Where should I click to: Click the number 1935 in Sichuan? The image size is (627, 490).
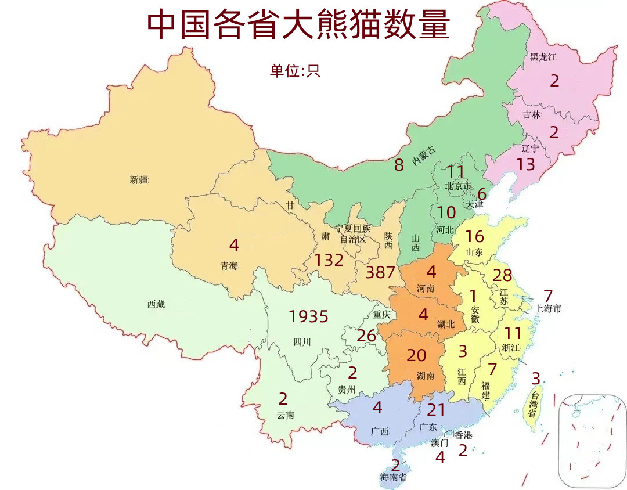pos(308,316)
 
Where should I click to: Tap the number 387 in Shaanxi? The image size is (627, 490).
pos(380,272)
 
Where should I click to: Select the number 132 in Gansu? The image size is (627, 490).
pos(329,260)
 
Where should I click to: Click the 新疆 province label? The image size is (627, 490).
pos(139,180)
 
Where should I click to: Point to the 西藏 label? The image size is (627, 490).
pos(156,304)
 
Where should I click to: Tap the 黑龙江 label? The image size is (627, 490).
pos(543,57)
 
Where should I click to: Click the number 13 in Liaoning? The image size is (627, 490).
pos(525,164)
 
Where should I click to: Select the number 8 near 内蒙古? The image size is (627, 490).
pos(399,165)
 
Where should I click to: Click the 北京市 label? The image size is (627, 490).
pos(459,186)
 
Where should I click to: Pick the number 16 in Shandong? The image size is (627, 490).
pos(474,236)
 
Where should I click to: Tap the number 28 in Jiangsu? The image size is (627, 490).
pos(502,275)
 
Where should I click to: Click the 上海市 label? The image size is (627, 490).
pos(548,309)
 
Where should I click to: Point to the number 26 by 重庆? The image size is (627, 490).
pos(366,336)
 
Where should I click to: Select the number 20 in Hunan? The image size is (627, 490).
pos(416,355)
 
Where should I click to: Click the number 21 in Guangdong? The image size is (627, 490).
pos(436,410)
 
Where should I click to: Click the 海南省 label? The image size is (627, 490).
pos(392,477)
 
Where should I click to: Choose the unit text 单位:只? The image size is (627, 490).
pos(294,71)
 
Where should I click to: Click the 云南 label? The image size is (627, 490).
pos(285,415)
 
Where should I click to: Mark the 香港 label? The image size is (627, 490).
pos(463,435)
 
